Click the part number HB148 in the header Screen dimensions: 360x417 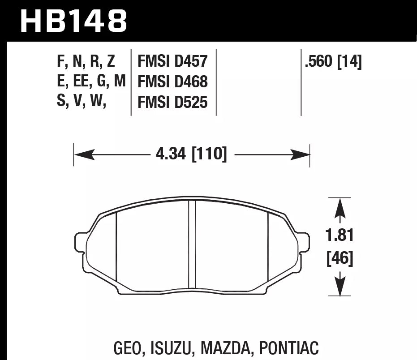pyautogui.click(x=74, y=20)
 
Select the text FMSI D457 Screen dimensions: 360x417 pyautogui.click(x=172, y=61)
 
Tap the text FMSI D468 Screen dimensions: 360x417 pyautogui.click(x=172, y=82)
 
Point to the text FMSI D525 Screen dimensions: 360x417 pyautogui.click(x=172, y=103)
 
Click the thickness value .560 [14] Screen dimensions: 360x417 pyautogui.click(x=333, y=61)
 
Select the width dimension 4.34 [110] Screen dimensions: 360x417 pyautogui.click(x=191, y=154)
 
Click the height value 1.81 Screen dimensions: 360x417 pyautogui.click(x=340, y=236)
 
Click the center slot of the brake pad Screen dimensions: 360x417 pyautogui.click(x=192, y=244)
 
